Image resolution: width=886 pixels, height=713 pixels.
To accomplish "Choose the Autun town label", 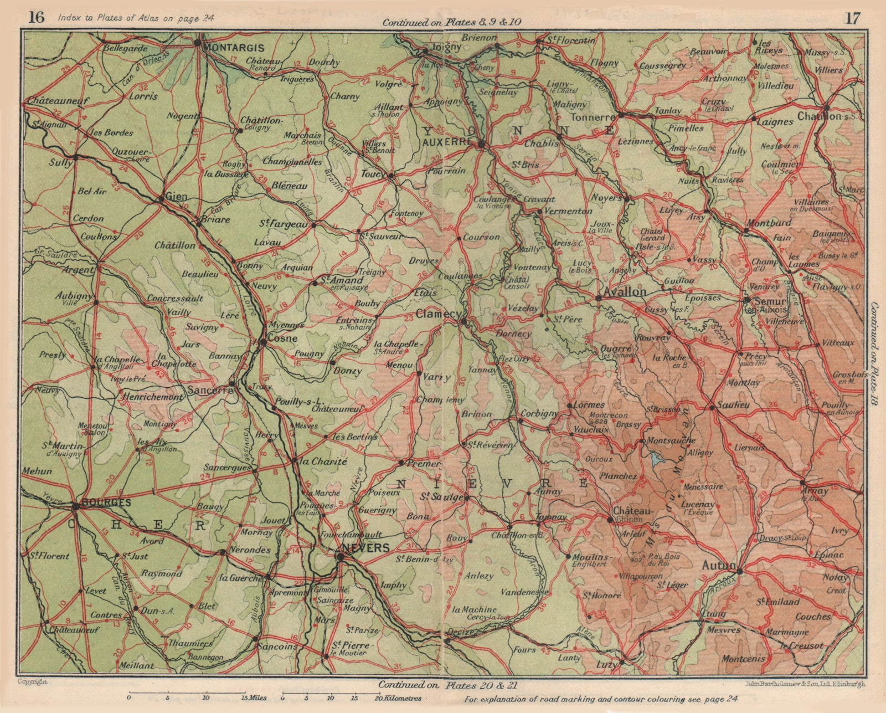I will tap(718, 566).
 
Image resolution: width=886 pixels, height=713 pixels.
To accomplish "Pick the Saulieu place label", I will tap(733, 405).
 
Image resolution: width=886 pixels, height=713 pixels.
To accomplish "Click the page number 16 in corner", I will tap(37, 18).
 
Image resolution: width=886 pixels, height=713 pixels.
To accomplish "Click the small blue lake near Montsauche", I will tap(656, 459).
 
